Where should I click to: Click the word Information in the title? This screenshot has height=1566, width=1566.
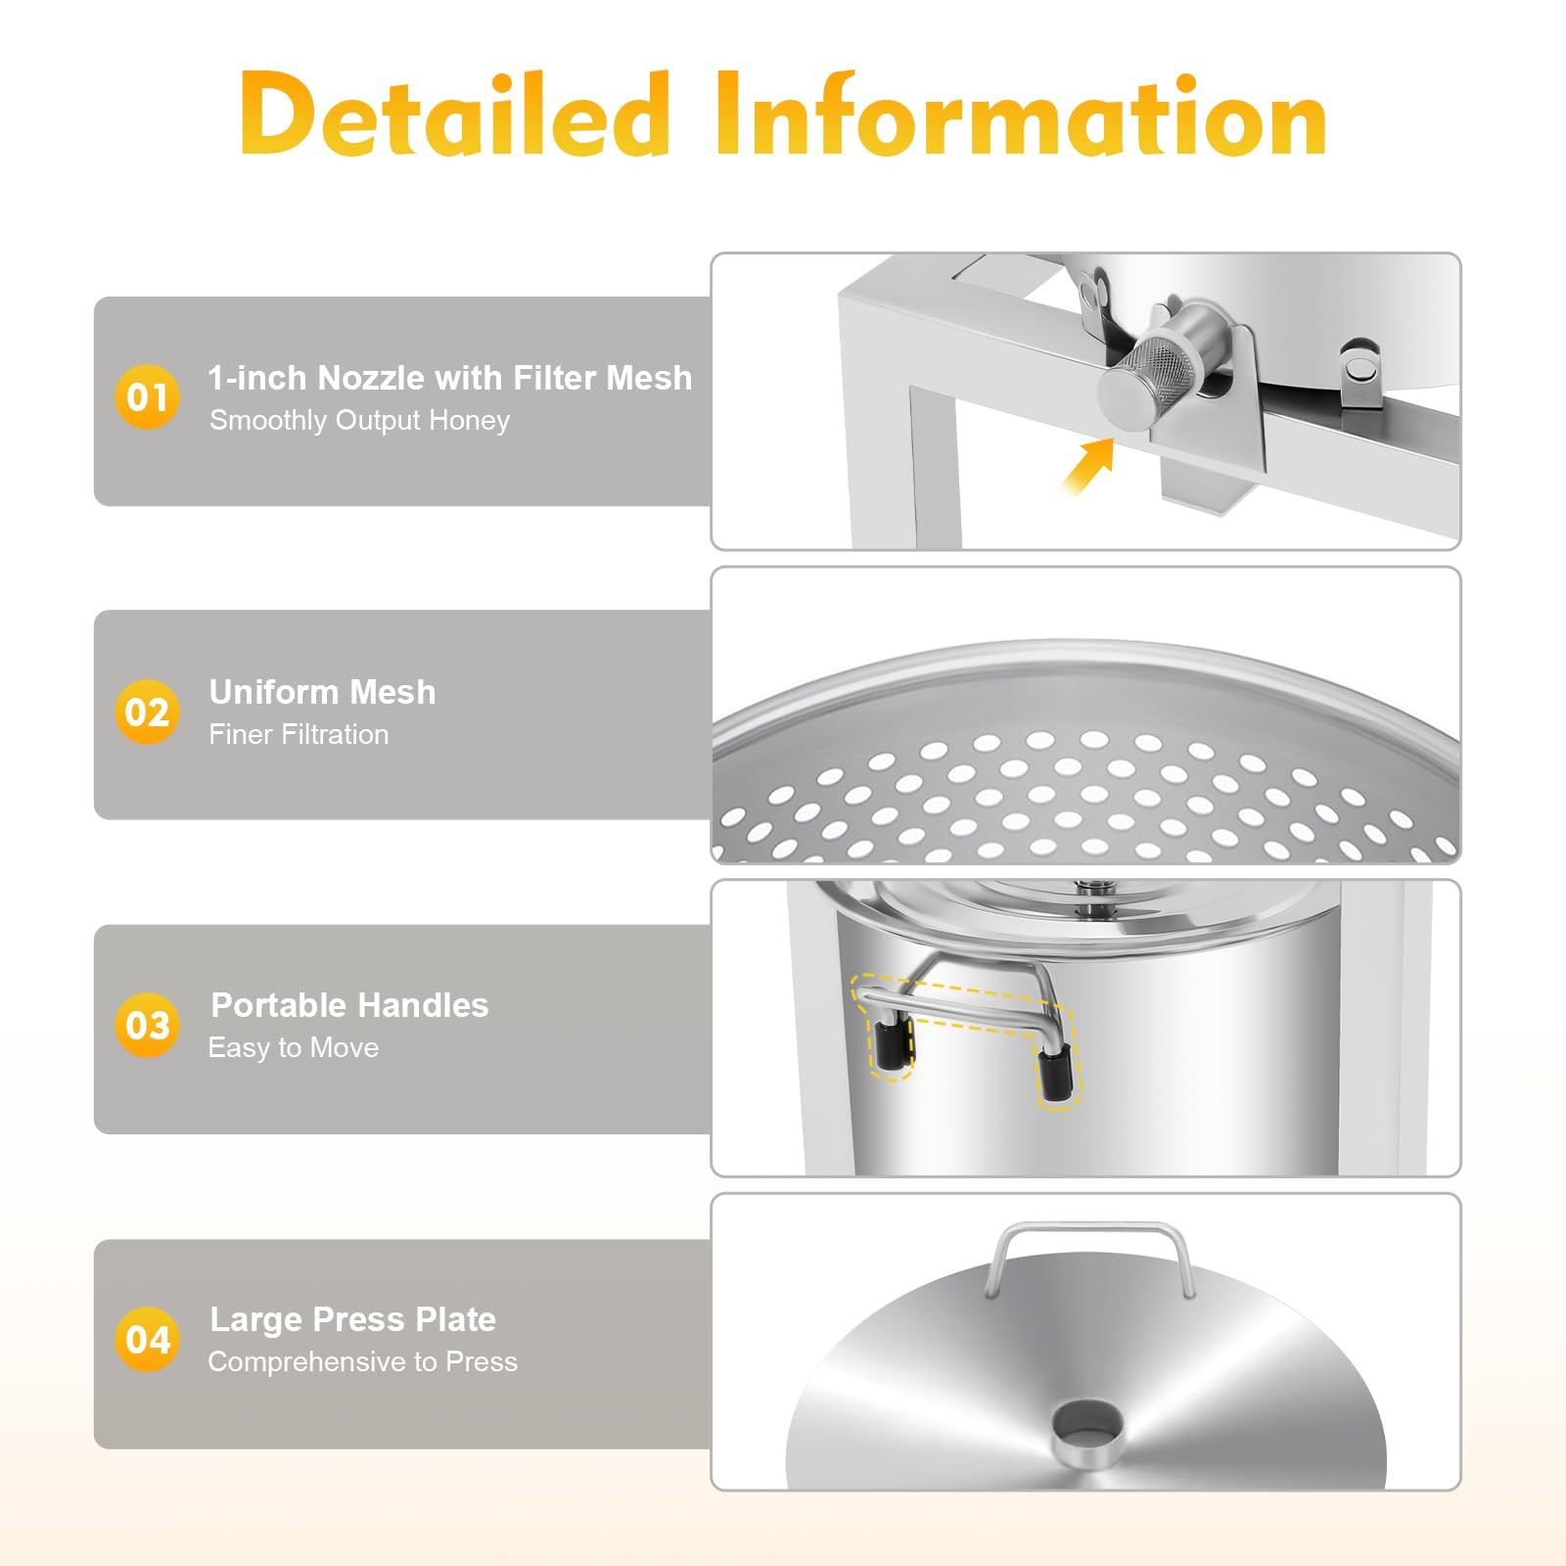1021,114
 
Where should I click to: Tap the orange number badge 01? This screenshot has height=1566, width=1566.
147,396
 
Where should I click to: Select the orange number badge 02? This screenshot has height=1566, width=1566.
147,712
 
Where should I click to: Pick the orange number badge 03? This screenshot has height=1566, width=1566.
147,1025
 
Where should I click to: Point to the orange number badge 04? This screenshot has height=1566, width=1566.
147,1339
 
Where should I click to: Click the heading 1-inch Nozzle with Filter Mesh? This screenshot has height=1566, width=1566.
450,378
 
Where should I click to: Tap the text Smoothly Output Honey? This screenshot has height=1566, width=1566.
359,421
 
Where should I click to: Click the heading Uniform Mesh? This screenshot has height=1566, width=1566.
322,692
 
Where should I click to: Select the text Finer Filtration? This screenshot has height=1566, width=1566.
299,734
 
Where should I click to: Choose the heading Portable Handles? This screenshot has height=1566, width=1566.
349,1005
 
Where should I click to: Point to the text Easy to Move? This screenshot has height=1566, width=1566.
294,1048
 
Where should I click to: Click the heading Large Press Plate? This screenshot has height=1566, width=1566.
353,1319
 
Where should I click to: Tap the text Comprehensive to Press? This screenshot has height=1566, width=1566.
362,1361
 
